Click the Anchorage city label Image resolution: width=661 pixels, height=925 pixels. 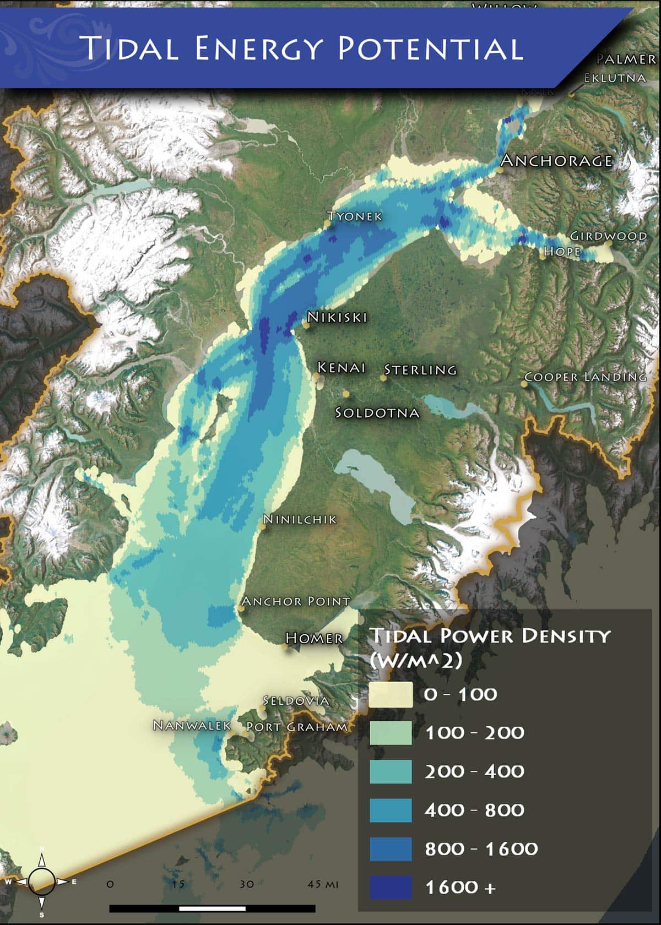click(x=556, y=160)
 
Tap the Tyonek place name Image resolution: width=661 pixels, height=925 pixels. click(x=355, y=216)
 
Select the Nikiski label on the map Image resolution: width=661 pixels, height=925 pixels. click(x=337, y=317)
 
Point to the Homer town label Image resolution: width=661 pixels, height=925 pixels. click(x=314, y=638)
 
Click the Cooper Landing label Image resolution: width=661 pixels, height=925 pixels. click(x=585, y=377)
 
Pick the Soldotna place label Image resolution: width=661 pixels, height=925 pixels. click(x=377, y=412)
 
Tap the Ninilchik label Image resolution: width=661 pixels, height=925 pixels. click(x=300, y=519)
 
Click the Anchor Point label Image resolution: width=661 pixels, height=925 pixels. click(x=296, y=601)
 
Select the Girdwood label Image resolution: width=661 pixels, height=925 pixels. click(x=609, y=236)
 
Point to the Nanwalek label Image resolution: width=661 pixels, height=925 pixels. click(x=192, y=725)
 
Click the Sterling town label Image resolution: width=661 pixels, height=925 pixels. click(x=420, y=369)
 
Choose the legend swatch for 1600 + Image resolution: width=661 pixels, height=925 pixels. click(x=391, y=887)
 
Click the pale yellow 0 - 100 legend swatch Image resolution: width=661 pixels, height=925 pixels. click(x=391, y=694)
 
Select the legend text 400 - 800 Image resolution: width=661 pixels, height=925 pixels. click(x=474, y=810)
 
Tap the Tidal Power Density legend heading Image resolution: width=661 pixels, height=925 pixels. click(x=489, y=645)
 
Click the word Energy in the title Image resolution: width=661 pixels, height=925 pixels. click(x=257, y=48)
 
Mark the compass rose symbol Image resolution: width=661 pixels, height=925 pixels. click(x=41, y=881)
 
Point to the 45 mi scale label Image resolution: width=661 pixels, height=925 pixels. click(x=323, y=884)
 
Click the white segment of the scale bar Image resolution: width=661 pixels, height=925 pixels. click(x=212, y=908)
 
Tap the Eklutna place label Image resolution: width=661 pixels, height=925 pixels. click(x=615, y=78)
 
